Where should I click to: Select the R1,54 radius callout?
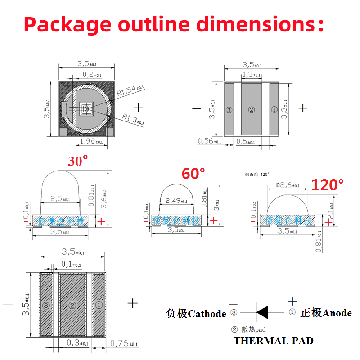[130, 91]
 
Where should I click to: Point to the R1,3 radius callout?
[133, 119]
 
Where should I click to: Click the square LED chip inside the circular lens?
[85, 108]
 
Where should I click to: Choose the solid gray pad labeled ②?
[252, 109]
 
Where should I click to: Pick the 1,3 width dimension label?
[251, 75]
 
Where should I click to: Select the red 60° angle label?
[193, 173]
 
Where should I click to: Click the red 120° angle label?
[327, 184]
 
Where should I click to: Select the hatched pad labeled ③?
[46, 305]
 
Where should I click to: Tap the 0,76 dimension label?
[124, 344]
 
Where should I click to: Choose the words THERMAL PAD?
[273, 341]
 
